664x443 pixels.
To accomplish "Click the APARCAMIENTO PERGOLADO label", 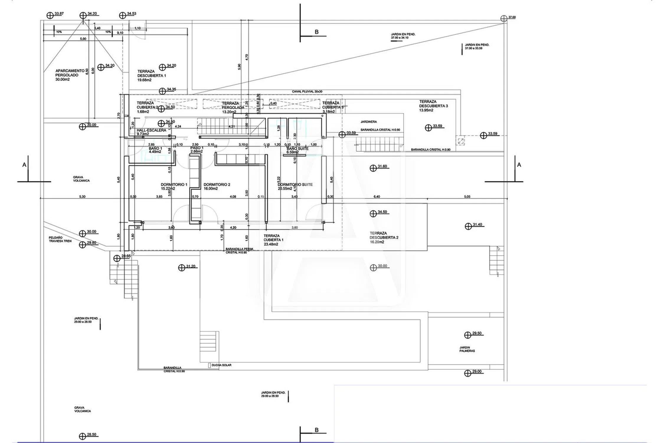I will pos(67,75).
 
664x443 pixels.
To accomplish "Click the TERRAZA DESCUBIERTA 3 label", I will pos(433,106).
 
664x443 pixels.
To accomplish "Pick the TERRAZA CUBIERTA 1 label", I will pos(273,240).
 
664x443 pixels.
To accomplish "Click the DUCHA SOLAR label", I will pos(221,365).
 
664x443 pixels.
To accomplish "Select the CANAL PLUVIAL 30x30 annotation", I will pos(307,92).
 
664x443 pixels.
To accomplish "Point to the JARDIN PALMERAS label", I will pos(467,349).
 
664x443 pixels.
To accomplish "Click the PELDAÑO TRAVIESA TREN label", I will pos(60,239).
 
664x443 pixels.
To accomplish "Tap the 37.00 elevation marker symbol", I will pos(504,18).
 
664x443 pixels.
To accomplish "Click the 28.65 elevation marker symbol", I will pos(117,258).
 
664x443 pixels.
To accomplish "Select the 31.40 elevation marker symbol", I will pos(468,226).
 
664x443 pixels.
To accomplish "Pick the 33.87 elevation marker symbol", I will pos(50,15).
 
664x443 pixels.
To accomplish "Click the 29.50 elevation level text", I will pos(477,333).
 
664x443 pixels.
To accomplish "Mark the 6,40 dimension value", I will pos(377,197).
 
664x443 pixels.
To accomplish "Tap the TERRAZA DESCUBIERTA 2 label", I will pos(384,237).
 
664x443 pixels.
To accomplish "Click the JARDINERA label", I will pos(369,122).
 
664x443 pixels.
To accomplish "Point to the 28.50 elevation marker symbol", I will pos(83,436).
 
